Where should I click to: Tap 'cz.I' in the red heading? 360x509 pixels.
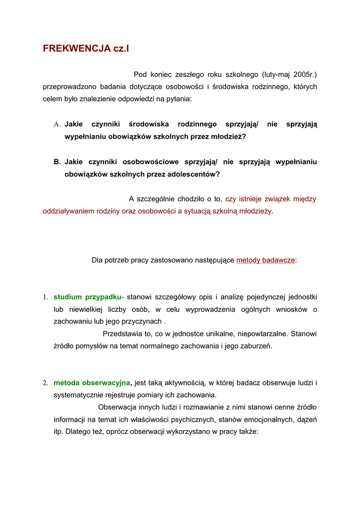tap(122, 48)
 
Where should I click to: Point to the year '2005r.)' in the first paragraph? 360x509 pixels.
tap(305, 75)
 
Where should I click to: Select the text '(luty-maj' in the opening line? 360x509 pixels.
tap(275, 75)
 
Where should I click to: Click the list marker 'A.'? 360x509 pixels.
tap(57, 124)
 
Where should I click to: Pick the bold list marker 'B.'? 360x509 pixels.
tap(57, 162)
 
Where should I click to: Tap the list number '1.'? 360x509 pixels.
tap(45, 297)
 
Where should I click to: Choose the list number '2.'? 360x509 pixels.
tap(45, 383)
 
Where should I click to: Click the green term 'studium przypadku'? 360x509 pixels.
tap(87, 297)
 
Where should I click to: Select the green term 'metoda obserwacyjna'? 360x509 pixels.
tap(92, 383)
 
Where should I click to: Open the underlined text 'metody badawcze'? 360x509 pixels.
tap(266, 260)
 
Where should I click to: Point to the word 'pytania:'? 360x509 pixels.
tap(177, 99)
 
